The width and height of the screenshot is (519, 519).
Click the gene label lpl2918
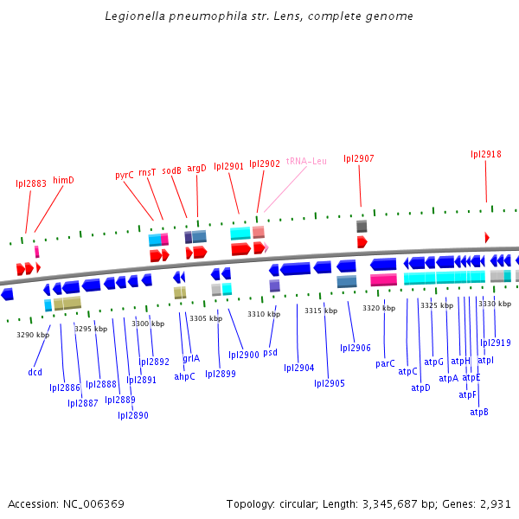click(x=486, y=154)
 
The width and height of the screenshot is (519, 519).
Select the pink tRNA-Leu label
click(x=306, y=161)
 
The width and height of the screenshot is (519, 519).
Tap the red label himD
click(x=64, y=180)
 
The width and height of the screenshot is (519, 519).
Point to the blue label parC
click(x=385, y=364)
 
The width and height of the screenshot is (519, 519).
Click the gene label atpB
click(x=479, y=412)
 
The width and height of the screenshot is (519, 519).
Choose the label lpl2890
click(x=133, y=415)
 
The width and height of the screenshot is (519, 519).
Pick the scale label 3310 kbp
click(x=264, y=314)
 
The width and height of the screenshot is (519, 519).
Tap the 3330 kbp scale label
click(x=495, y=304)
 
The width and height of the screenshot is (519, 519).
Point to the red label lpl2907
click(x=359, y=158)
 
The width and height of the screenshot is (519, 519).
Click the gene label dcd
click(x=35, y=372)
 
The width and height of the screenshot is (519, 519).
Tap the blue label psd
click(x=270, y=352)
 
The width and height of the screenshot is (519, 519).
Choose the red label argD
click(x=197, y=168)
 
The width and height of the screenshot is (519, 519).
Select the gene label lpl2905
click(x=330, y=383)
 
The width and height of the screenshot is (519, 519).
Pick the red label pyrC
click(x=125, y=175)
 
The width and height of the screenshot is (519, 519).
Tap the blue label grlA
click(x=191, y=358)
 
